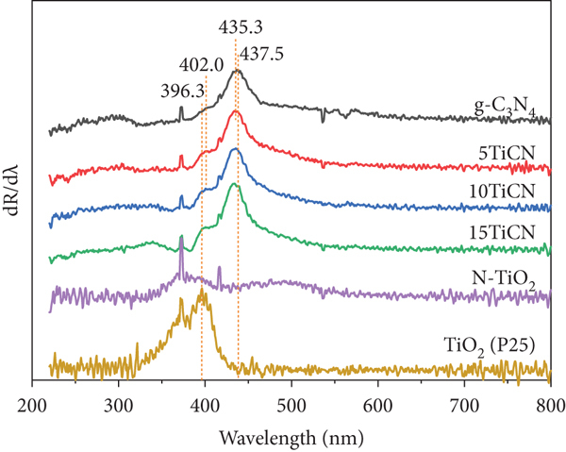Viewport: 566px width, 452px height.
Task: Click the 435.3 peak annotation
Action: [x=241, y=27]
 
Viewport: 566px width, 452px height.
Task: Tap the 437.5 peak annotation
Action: [x=261, y=54]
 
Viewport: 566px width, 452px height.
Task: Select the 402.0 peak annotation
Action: [x=202, y=66]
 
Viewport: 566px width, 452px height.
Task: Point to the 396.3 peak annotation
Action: [x=182, y=92]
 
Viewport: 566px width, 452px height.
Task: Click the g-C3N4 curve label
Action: [x=504, y=108]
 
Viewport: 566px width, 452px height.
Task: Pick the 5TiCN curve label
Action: [x=507, y=154]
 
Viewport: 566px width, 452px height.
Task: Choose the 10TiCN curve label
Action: [x=502, y=191]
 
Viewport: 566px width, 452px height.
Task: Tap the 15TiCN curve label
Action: [x=502, y=232]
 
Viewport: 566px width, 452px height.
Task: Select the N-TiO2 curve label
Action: [x=503, y=279]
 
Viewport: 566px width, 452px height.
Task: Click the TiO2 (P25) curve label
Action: [x=489, y=346]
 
